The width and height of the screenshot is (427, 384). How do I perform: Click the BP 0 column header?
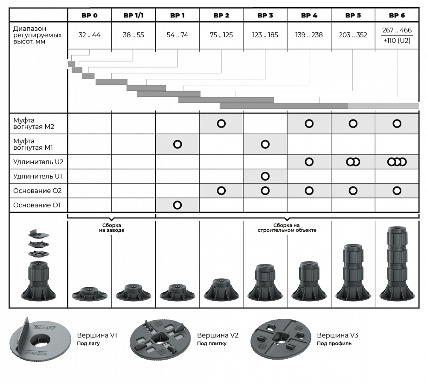click(89, 15)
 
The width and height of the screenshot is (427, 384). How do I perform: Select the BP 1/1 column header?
click(134, 15)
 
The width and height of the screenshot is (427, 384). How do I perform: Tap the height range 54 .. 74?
click(177, 35)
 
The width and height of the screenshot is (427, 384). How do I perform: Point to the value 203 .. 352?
click(353, 35)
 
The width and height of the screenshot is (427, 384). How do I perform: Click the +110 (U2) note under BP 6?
click(397, 41)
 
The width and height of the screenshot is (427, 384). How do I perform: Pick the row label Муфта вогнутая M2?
click(34, 123)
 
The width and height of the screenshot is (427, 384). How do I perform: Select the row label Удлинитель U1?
click(38, 176)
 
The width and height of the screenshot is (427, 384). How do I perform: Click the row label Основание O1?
click(37, 205)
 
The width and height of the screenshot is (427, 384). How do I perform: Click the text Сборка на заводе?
click(112, 228)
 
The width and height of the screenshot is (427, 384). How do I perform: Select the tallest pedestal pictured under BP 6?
click(397, 264)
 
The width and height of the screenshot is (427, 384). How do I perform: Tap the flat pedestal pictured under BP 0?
click(90, 294)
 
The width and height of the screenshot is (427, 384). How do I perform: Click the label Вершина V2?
click(218, 335)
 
